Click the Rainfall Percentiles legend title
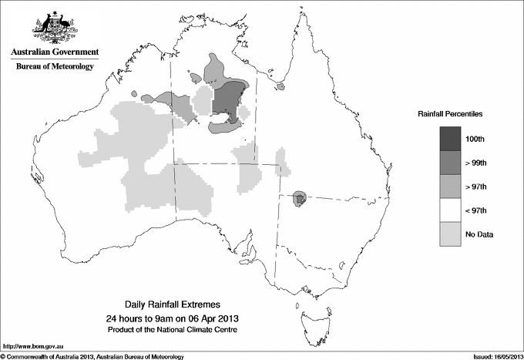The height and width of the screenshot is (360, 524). (450, 113)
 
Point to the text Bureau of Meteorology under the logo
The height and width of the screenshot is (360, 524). (55, 66)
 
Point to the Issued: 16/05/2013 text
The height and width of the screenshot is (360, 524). (491, 355)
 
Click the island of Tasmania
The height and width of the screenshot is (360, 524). (311, 316)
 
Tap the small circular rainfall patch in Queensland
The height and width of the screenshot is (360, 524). (301, 200)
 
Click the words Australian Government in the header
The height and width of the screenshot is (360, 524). (55, 52)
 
